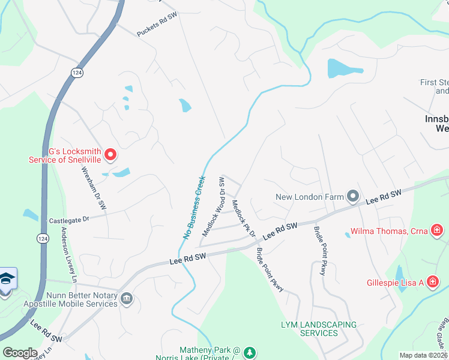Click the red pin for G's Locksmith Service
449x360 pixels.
click(110, 155)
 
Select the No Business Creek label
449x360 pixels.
click(193, 208)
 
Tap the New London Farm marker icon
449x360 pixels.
click(353, 196)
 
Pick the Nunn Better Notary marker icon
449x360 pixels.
click(127, 299)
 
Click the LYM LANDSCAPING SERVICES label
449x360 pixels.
click(319, 328)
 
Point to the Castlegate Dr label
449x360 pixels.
click(68, 220)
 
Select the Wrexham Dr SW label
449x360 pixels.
click(94, 188)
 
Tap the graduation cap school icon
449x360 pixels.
click(6, 280)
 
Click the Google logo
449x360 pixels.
click(20, 353)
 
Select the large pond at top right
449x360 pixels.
click(345, 68)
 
